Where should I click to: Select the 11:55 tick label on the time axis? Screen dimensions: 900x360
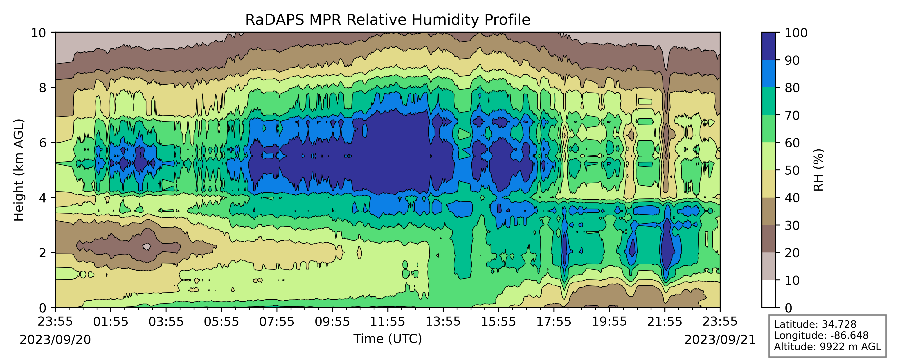pos(387,322)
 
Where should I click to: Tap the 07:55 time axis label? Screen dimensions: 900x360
pos(277,322)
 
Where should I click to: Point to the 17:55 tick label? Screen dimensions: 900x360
pos(554,322)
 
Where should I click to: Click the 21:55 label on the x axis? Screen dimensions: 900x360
pos(664,322)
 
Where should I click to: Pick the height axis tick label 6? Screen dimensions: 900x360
pos(42,143)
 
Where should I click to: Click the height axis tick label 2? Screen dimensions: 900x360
pos(42,253)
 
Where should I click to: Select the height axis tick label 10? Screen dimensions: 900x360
pos(38,33)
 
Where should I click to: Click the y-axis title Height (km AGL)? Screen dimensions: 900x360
pos(18,170)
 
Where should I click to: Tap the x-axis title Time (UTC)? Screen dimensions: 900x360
pos(387,339)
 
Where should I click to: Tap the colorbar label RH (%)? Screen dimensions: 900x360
pos(819,170)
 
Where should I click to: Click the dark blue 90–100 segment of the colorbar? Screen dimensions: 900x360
pos(768,46)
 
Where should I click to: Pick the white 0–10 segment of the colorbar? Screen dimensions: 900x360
pos(768,294)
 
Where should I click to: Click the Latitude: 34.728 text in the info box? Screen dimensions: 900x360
pos(815,324)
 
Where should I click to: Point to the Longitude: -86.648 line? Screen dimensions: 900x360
pos(821,335)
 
